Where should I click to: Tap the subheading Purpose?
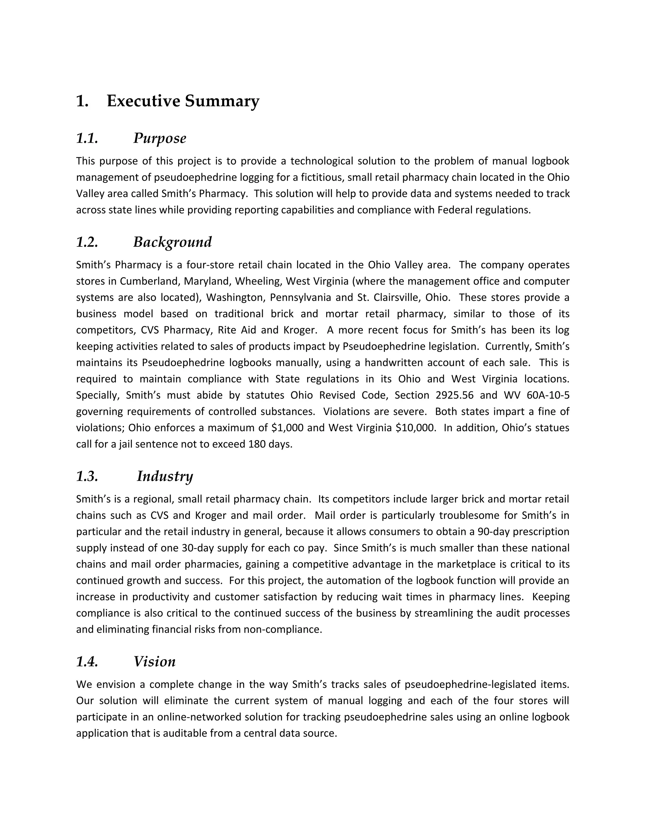(160, 138)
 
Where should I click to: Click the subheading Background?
(172, 242)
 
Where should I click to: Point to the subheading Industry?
(165, 476)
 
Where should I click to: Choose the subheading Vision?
(154, 661)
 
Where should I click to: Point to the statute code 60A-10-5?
(548, 395)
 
